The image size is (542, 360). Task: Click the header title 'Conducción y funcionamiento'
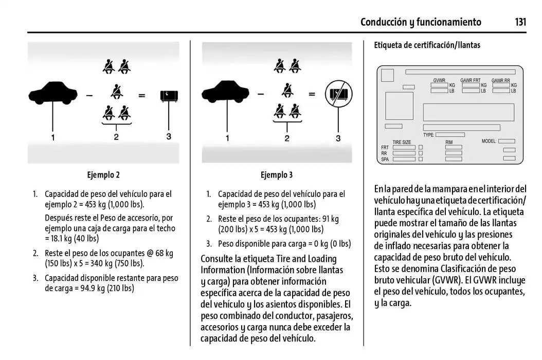(x=421, y=22)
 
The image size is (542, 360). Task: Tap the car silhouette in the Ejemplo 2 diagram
(x=53, y=93)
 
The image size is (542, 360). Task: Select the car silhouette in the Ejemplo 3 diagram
(x=226, y=93)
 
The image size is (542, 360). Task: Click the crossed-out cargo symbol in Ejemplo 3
(x=338, y=95)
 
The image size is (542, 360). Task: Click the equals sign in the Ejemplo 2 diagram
(x=141, y=96)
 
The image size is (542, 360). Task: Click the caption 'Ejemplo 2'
(x=103, y=175)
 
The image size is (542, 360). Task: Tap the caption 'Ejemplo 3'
(x=277, y=175)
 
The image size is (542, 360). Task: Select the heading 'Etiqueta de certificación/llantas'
(x=427, y=45)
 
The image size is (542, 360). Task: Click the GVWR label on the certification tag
(x=439, y=81)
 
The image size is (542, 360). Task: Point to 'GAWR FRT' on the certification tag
(x=470, y=81)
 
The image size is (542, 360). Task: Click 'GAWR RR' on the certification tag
(x=500, y=81)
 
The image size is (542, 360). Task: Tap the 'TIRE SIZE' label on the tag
(x=402, y=142)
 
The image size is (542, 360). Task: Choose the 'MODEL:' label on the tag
(x=489, y=141)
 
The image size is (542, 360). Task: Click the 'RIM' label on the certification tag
(x=449, y=142)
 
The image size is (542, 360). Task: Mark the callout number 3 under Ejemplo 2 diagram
(x=169, y=136)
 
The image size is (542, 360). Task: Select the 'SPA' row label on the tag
(x=385, y=159)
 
